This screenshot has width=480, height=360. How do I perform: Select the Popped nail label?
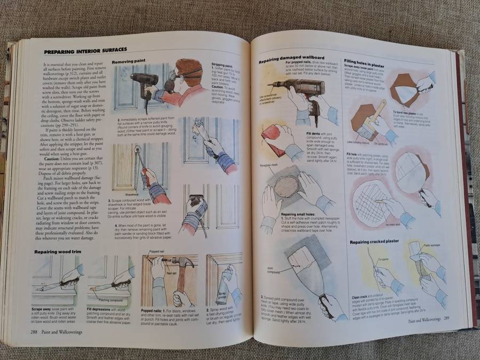coord(156,251)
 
